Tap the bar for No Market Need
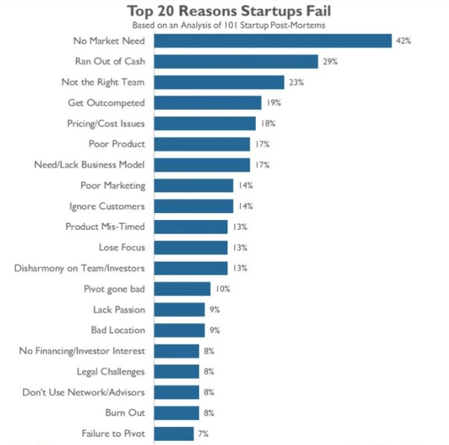(273, 40)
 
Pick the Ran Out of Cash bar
(236, 62)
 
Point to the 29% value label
(329, 62)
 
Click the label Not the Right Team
(103, 82)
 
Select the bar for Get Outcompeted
(207, 103)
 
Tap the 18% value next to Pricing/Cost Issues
(268, 123)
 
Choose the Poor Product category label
(117, 144)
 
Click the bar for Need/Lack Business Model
(202, 165)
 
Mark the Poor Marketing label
(113, 185)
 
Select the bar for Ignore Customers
(194, 206)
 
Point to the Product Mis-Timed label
(105, 226)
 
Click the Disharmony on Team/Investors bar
(191, 268)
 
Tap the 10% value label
(223, 288)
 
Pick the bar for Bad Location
(179, 330)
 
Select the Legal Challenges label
(111, 372)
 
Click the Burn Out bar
(176, 413)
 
